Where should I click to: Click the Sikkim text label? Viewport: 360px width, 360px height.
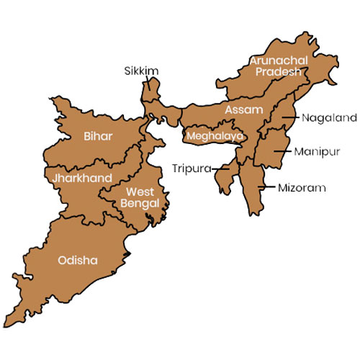coord(140,71)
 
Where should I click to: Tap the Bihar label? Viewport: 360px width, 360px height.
coord(98,135)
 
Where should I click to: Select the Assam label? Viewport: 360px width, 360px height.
coord(238,110)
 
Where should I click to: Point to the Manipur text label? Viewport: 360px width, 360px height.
coord(312,152)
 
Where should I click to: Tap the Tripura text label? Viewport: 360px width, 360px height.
coord(192,168)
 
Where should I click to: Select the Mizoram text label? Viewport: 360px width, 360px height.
coord(302,188)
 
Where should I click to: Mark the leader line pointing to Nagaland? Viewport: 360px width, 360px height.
coord(292,117)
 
